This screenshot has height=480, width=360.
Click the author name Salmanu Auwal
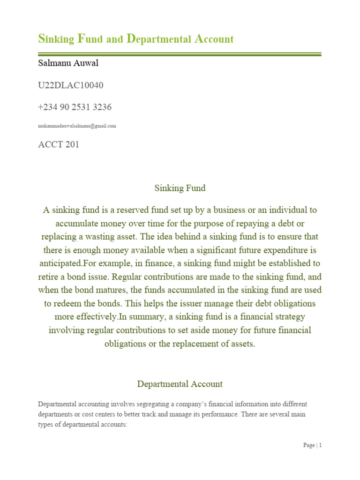click(68, 63)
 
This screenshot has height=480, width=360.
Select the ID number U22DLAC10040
click(70, 85)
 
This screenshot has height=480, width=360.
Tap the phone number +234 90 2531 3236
click(75, 107)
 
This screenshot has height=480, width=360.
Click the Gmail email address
click(77, 126)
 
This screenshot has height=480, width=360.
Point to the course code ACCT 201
click(59, 144)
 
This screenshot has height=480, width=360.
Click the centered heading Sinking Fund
click(180, 188)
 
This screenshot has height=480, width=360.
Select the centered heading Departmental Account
click(180, 384)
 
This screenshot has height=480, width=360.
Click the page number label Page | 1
click(312, 445)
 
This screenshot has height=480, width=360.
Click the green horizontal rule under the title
click(180, 55)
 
